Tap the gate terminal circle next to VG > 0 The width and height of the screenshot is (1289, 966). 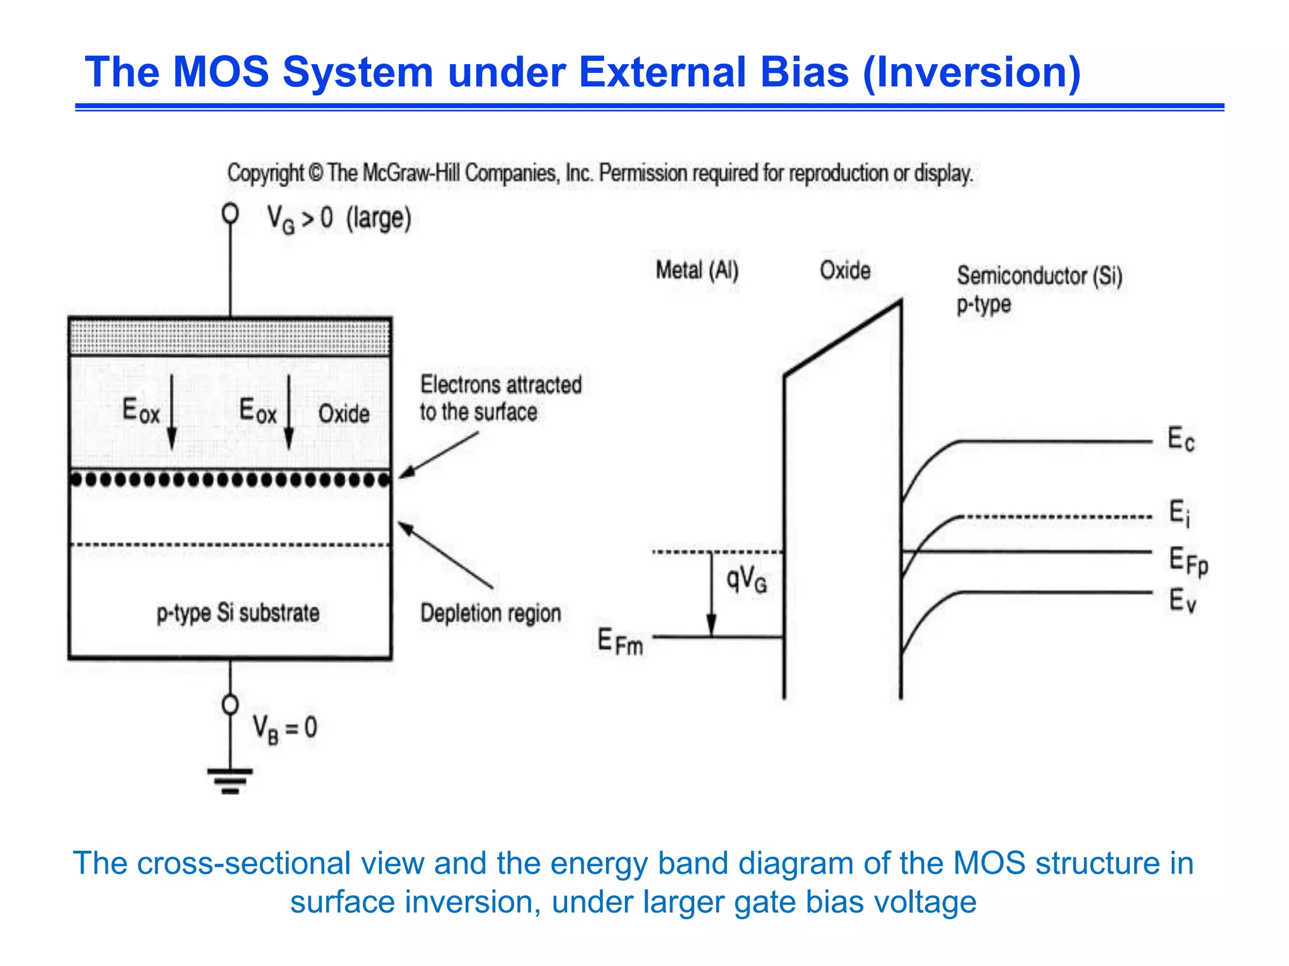(x=230, y=214)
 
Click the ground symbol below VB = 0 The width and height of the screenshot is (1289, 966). (x=230, y=780)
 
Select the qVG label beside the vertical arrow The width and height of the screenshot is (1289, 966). (x=746, y=579)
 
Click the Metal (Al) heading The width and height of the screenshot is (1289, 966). (x=697, y=270)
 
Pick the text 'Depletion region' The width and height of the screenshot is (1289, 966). (x=490, y=613)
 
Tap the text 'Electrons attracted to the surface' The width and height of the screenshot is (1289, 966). (x=500, y=398)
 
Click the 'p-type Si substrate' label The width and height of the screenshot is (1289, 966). (x=238, y=613)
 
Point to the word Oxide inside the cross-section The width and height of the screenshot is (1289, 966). (x=344, y=414)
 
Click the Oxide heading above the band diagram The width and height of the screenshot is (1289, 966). (x=845, y=270)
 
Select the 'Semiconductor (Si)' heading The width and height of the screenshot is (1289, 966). (x=1039, y=275)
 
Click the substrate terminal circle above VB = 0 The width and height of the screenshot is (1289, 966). (x=230, y=704)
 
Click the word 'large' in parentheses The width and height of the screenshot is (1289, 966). (x=379, y=219)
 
